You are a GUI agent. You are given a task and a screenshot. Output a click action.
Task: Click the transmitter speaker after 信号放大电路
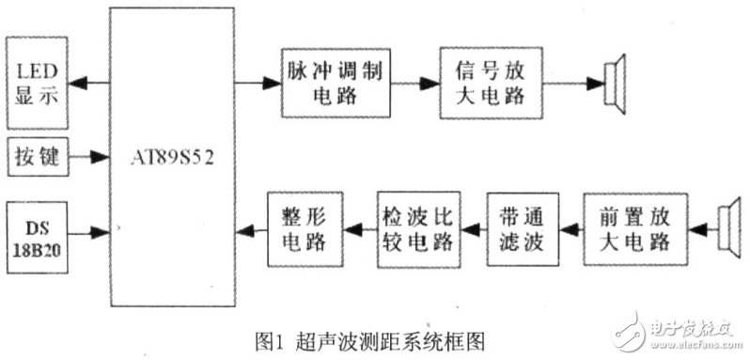(x=616, y=83)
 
